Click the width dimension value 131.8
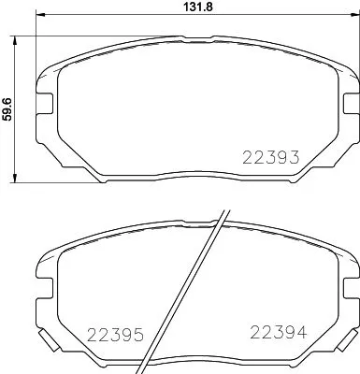[x=191, y=8]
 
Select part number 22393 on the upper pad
[x=270, y=158]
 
